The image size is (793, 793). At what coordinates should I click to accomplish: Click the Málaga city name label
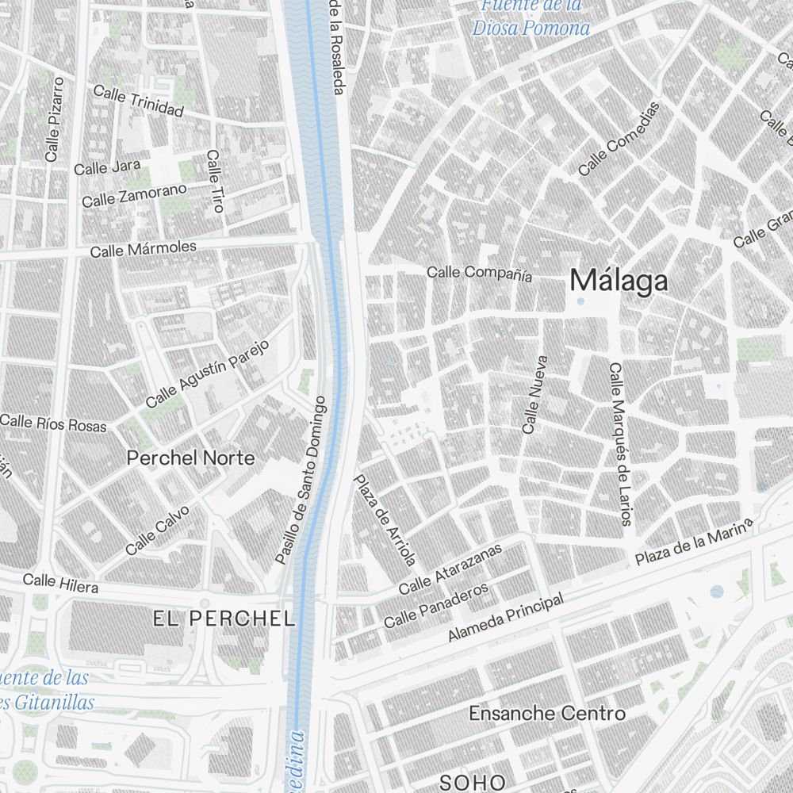click(x=619, y=280)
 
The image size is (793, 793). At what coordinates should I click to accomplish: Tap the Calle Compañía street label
click(x=479, y=273)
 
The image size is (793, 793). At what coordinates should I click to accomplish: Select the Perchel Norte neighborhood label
click(x=191, y=458)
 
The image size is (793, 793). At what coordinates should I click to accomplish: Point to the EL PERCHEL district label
click(x=224, y=619)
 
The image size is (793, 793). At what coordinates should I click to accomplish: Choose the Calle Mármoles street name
click(x=143, y=250)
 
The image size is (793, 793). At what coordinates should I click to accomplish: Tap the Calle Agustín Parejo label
click(x=208, y=374)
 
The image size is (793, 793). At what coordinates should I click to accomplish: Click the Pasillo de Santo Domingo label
click(x=301, y=480)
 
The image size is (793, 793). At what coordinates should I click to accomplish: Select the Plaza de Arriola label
click(x=385, y=520)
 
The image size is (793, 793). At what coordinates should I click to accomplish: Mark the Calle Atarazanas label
click(x=450, y=570)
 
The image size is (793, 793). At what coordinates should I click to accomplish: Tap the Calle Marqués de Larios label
click(x=619, y=444)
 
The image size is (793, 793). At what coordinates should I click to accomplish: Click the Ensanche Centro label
click(x=546, y=713)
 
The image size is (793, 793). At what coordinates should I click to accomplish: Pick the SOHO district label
click(x=472, y=782)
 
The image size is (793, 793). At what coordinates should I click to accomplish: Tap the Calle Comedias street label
click(x=619, y=139)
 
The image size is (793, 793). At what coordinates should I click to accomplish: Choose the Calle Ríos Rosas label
click(x=53, y=422)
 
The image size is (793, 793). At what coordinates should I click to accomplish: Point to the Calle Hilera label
click(x=60, y=584)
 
